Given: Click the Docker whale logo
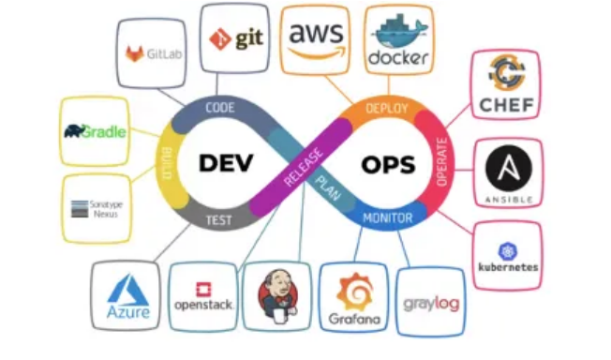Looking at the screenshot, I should coord(398,38).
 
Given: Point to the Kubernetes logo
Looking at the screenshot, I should coord(507,256).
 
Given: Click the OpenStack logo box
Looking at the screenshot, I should coord(202,297).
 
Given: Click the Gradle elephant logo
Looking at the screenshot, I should coord(95,131).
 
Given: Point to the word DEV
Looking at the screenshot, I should coord(227,162).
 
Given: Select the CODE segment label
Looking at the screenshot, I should coord(219,108).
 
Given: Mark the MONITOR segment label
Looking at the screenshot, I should coord(386,217).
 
